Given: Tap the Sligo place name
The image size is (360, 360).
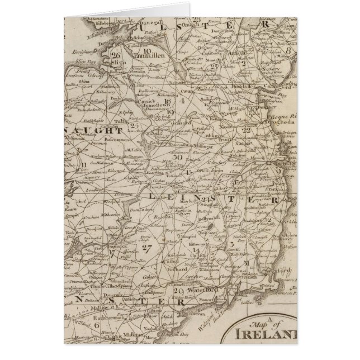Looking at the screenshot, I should [x=119, y=63].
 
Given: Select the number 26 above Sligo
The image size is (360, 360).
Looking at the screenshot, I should [x=116, y=55].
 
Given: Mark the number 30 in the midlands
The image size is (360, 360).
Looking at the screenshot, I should [x=178, y=157].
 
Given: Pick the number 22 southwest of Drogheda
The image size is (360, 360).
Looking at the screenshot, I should [x=247, y=130].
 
